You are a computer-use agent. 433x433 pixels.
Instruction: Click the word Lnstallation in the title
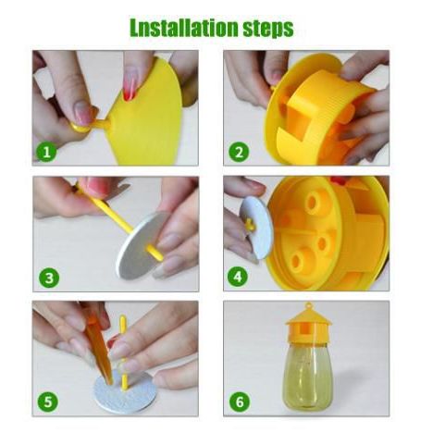tap(184, 28)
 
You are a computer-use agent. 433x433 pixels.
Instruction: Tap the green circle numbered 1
tap(46, 152)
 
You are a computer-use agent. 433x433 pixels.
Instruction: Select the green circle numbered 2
tap(239, 152)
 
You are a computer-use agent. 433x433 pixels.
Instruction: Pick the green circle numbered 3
tap(49, 278)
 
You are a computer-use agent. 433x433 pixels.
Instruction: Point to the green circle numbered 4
tap(238, 277)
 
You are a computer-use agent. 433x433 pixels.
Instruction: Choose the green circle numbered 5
tap(48, 402)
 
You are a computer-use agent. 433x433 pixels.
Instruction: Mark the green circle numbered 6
tap(240, 402)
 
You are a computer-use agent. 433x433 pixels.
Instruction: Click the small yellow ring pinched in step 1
tap(80, 127)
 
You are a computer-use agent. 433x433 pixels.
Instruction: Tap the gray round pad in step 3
tap(141, 247)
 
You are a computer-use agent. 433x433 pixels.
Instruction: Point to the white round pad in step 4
tap(256, 228)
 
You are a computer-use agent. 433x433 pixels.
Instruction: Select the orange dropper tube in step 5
tap(98, 349)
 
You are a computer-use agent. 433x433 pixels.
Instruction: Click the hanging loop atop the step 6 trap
tap(308, 306)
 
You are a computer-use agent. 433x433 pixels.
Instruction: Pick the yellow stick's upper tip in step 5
tap(122, 316)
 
